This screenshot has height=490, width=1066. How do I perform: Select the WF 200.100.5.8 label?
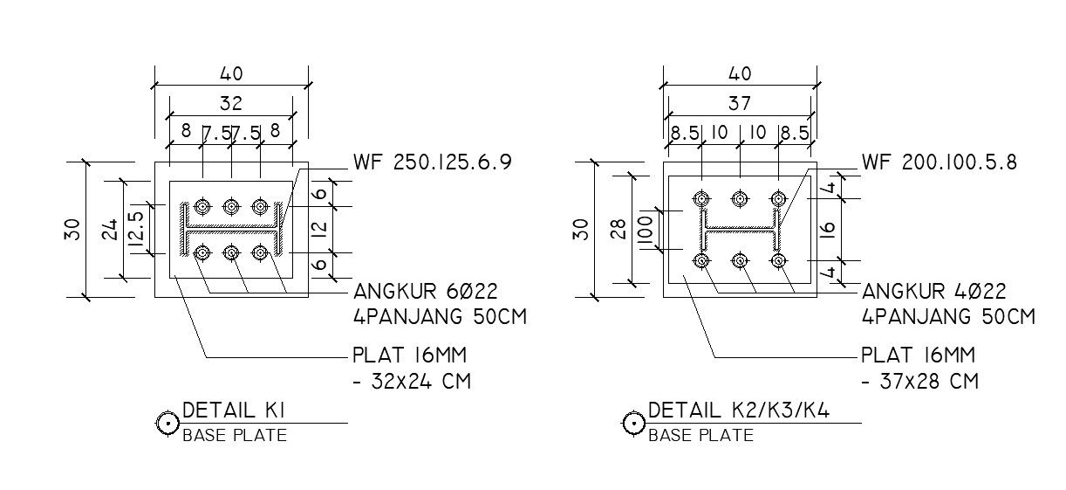pyautogui.click(x=940, y=163)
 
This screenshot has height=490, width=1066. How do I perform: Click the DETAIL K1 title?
pyautogui.click(x=235, y=411)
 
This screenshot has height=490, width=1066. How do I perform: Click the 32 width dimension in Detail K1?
pyautogui.click(x=230, y=104)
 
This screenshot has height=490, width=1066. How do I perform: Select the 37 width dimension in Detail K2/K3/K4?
pyautogui.click(x=739, y=104)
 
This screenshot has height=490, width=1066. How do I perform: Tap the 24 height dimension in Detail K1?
pyautogui.click(x=111, y=229)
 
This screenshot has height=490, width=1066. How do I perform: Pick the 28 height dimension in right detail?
pyautogui.click(x=619, y=229)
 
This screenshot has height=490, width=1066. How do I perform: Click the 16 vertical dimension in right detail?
pyautogui.click(x=829, y=229)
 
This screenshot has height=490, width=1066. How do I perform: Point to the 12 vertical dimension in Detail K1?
pyautogui.click(x=319, y=229)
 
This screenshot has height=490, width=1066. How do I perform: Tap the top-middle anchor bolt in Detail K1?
pyautogui.click(x=231, y=206)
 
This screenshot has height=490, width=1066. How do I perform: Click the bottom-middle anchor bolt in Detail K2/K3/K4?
pyautogui.click(x=740, y=260)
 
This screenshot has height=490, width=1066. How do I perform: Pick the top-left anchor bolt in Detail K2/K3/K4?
pyautogui.click(x=701, y=198)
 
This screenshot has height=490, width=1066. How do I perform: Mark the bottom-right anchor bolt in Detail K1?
pyautogui.click(x=259, y=252)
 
